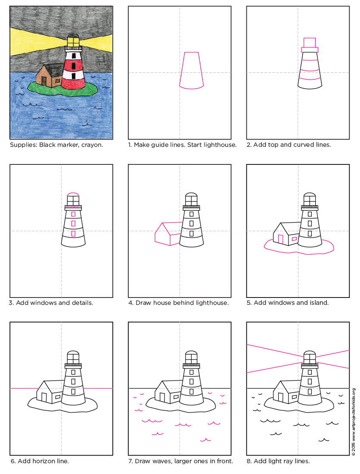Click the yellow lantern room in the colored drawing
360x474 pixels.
coord(73,42)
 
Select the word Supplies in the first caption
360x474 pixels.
coord(23,145)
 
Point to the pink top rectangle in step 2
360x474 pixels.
coord(310,42)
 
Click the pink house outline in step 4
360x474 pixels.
coord(166,234)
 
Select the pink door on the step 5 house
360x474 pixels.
coord(280,239)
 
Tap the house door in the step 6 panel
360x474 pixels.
coord(43,398)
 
